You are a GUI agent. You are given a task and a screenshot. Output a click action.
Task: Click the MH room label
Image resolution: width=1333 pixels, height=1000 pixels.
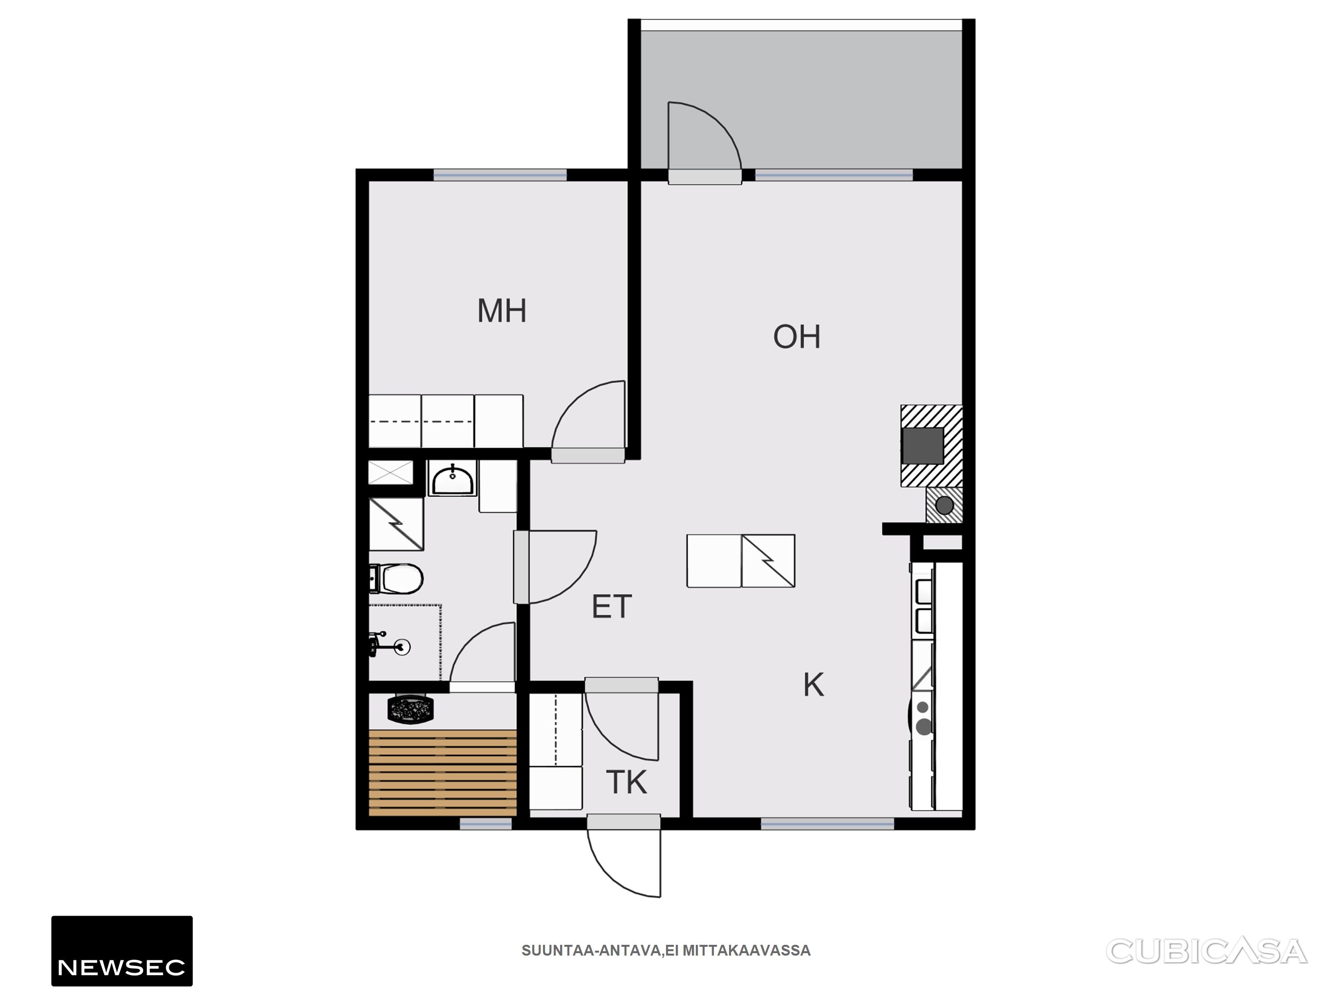(x=501, y=311)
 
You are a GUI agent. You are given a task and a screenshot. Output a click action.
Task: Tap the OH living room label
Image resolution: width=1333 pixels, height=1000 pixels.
(x=797, y=337)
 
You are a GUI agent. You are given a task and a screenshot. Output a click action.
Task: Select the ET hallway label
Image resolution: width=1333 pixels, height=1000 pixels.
(x=612, y=606)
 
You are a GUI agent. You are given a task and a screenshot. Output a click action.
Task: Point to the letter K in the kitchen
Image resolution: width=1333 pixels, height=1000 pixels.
(x=813, y=685)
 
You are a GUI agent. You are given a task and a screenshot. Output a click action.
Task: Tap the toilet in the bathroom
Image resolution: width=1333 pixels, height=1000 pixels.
(x=396, y=579)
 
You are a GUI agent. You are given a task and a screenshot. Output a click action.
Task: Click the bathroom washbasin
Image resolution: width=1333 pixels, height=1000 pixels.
(x=453, y=479)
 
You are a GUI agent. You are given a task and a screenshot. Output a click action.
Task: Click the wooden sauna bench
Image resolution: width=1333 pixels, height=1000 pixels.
(x=443, y=773)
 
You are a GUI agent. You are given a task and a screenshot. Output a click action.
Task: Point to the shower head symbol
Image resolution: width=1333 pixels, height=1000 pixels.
(x=392, y=646)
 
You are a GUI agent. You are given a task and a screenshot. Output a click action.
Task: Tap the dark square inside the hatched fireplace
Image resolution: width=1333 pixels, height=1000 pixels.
(x=923, y=445)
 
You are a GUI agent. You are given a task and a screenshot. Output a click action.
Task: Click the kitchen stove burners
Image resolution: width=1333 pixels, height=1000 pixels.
(x=923, y=717)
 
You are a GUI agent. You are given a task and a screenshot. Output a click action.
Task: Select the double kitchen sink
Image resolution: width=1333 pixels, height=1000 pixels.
(x=924, y=608)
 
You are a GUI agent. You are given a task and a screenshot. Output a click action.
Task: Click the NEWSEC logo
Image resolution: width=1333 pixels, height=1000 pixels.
(x=122, y=951)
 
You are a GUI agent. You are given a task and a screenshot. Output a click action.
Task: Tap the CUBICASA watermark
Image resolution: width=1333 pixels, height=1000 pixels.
(x=1207, y=951)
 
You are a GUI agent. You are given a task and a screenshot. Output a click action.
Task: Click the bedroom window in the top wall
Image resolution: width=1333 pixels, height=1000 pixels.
(x=500, y=175)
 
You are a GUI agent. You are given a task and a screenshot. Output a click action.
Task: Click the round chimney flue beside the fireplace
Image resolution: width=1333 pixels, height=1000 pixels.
(x=944, y=505)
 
